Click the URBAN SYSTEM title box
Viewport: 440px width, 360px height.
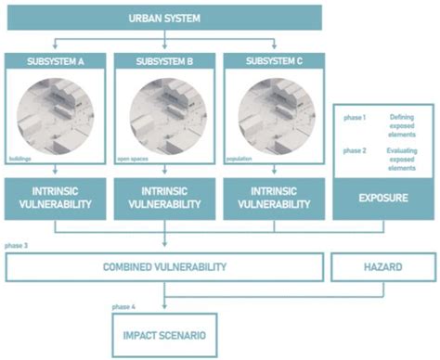(166, 17)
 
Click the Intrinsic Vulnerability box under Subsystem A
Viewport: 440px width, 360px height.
(55, 197)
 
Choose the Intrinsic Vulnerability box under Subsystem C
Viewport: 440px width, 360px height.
(275, 197)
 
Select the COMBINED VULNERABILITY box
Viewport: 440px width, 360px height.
(165, 267)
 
